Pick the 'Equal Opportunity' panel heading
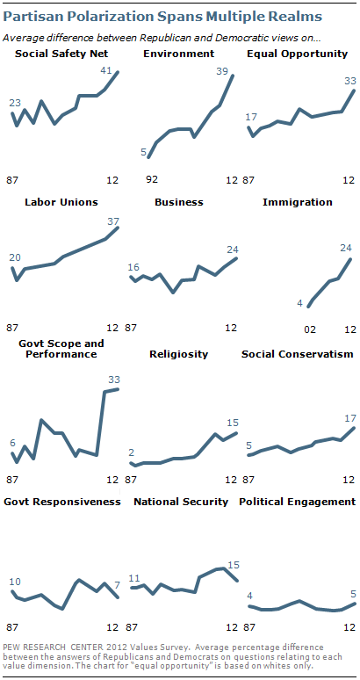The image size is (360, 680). pyautogui.click(x=299, y=54)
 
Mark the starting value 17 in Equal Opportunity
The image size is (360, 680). pyautogui.click(x=251, y=117)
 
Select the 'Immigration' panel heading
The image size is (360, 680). pyautogui.click(x=298, y=202)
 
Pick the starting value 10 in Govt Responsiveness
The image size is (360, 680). pyautogui.click(x=16, y=582)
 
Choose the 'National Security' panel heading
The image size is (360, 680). pyautogui.click(x=181, y=502)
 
